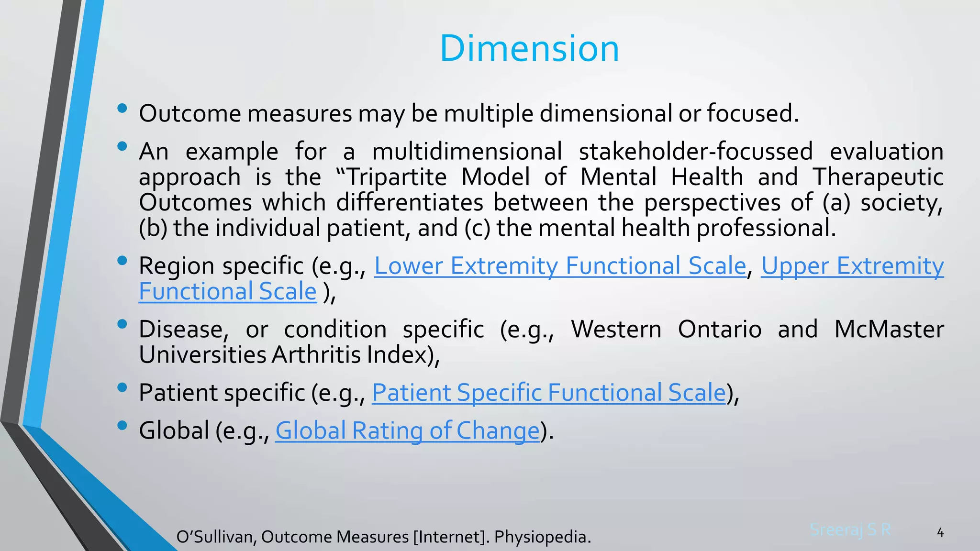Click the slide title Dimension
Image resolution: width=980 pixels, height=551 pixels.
pos(529,49)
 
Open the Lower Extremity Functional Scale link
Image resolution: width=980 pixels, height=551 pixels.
pos(560,266)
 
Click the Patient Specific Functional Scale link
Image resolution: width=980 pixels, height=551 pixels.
pos(549,393)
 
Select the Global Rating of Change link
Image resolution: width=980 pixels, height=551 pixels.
pos(407,430)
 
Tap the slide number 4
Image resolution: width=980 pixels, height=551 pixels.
pos(940,532)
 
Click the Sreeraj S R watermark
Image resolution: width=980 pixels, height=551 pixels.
pos(850,529)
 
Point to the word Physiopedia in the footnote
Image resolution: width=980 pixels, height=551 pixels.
pos(542,537)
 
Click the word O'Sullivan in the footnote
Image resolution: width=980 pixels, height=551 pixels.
pos(216,537)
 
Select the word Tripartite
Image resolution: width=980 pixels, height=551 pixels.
pos(396,177)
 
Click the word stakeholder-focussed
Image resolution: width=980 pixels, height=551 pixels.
pos(695,152)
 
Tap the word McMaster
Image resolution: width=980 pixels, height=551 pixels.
pos(889,330)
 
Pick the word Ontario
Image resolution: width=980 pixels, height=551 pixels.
pos(720,330)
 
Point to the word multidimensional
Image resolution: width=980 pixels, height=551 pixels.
pos(467,152)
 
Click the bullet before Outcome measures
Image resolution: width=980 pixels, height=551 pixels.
pos(122,109)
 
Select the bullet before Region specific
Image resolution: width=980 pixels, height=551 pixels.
pos(122,261)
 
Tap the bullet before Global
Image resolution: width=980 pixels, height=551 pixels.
pos(122,425)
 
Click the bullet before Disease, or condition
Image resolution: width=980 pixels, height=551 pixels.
pos(122,324)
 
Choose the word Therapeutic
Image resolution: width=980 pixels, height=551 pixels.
pos(878,177)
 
